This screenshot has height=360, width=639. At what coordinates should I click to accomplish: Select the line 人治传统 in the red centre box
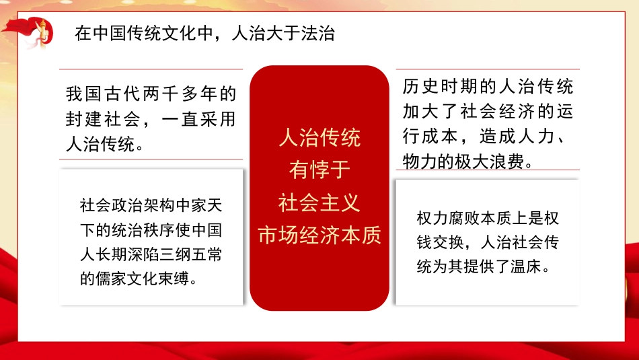click(x=319, y=138)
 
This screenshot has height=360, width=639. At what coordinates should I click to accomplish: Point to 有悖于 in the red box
click(x=319, y=170)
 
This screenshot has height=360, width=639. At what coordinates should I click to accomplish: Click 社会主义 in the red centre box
click(x=319, y=202)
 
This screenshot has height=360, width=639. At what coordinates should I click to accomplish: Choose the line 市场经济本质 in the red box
click(x=319, y=235)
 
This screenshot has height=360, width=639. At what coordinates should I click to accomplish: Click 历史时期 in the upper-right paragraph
click(x=430, y=87)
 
